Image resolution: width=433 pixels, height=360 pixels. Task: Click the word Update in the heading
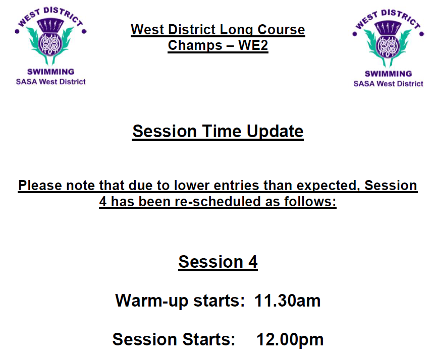coord(275,131)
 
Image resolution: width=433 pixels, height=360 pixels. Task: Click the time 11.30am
coord(287,301)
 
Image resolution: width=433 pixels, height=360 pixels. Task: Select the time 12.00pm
coord(290,339)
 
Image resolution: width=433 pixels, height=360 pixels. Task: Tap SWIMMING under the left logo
coord(50,72)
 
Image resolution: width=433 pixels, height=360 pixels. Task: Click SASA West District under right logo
coord(388,84)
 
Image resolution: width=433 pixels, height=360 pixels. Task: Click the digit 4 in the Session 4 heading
coord(252,262)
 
